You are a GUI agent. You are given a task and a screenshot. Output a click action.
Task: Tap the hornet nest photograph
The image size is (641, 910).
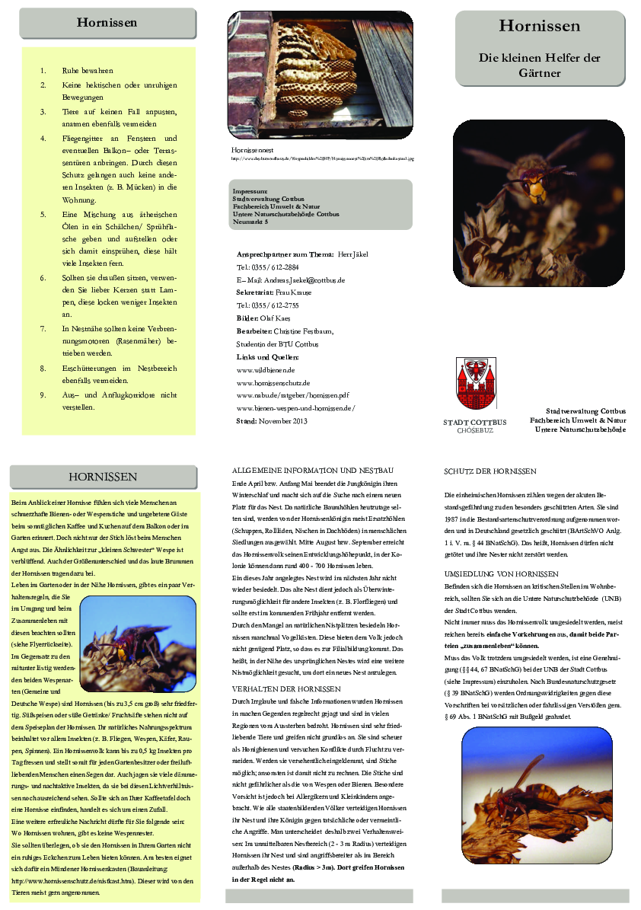pos(320,73)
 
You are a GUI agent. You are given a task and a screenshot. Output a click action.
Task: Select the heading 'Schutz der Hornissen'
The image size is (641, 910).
pos(490,471)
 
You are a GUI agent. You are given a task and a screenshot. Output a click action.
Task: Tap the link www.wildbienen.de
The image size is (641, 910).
pos(262,369)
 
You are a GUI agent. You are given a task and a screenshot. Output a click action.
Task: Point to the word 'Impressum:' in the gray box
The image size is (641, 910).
pos(250,190)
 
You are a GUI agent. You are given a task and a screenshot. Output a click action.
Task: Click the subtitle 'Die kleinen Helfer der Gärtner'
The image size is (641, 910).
pos(540,65)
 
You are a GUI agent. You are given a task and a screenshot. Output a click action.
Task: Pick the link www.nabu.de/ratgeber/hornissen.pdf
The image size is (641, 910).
pos(292,395)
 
